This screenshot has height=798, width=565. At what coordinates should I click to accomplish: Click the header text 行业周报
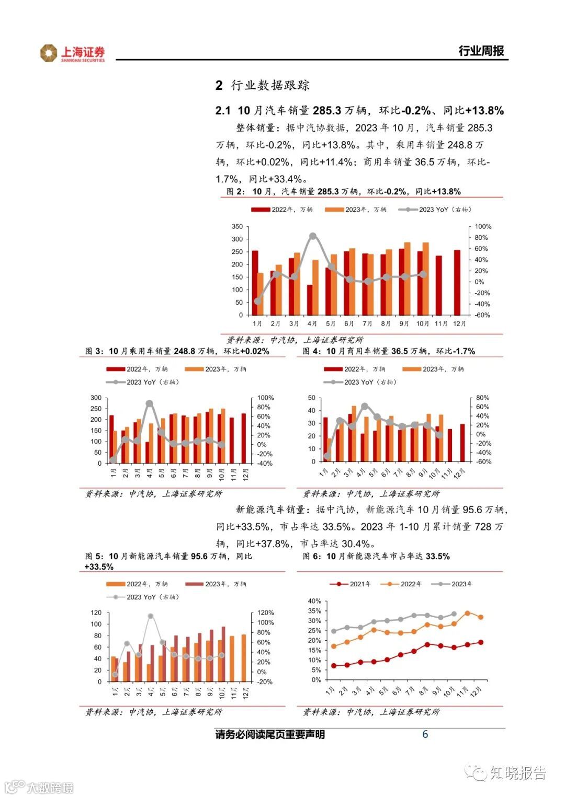[x=481, y=51]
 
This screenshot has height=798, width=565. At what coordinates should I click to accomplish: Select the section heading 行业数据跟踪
[x=270, y=85]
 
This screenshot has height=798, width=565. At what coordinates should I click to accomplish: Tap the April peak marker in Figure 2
[x=313, y=236]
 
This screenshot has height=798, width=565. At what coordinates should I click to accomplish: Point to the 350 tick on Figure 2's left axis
[x=237, y=227]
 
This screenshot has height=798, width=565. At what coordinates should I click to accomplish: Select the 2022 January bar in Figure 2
[x=255, y=283]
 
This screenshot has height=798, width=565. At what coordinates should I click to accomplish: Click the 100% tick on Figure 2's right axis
[x=483, y=227]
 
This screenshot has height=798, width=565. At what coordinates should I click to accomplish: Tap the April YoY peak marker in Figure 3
[x=149, y=403]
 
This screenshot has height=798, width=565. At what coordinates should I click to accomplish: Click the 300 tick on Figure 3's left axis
[x=96, y=398]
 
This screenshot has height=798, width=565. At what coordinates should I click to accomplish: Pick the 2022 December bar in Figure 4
[x=462, y=443]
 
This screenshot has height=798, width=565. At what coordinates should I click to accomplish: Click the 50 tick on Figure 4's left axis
[x=312, y=398]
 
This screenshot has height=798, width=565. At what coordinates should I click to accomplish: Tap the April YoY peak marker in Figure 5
[x=151, y=616]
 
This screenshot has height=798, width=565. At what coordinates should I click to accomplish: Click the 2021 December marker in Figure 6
[x=480, y=642]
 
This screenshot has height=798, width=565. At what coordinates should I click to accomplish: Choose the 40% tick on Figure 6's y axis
[x=314, y=602]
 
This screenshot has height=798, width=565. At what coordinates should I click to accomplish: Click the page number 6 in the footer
[x=425, y=734]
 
